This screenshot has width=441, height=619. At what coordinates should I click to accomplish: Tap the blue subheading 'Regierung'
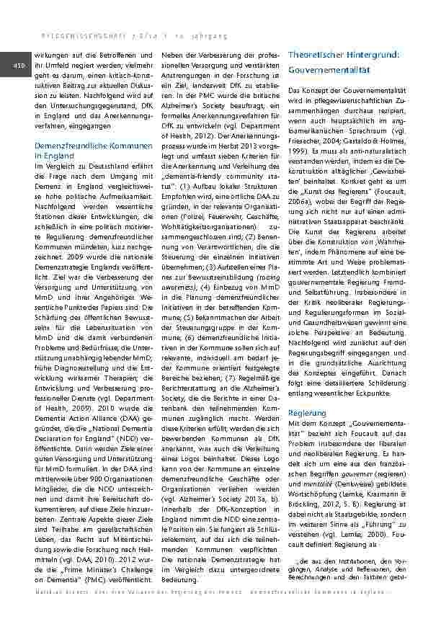(307, 413)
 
